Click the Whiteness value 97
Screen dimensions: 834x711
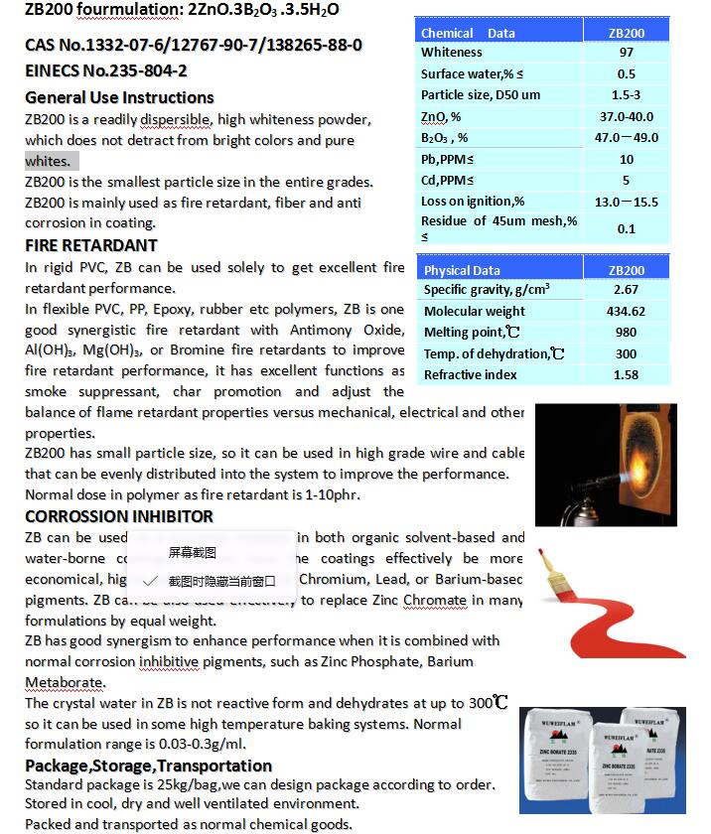pos(626,53)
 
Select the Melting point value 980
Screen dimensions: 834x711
pos(626,333)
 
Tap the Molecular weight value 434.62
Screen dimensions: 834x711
pos(626,311)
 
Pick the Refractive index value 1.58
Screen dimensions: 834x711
pos(626,374)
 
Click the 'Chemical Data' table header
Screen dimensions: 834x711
pos(468,33)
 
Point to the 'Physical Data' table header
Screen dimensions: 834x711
pos(462,270)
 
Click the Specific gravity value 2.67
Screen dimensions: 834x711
pos(626,290)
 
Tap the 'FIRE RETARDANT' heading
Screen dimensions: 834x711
pos(91,245)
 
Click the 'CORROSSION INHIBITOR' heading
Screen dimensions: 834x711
pos(119,516)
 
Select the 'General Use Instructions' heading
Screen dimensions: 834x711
pos(119,97)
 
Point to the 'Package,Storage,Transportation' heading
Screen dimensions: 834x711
pos(148,765)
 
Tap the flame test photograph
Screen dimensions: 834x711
pos(606,464)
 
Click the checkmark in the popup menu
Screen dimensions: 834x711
pos(150,581)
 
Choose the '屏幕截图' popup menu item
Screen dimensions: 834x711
pos(192,552)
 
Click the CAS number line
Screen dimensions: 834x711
pos(194,46)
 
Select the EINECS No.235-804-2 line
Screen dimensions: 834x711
pos(106,71)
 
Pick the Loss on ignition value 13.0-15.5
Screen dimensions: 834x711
pos(626,202)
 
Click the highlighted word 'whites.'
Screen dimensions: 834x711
pos(49,162)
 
